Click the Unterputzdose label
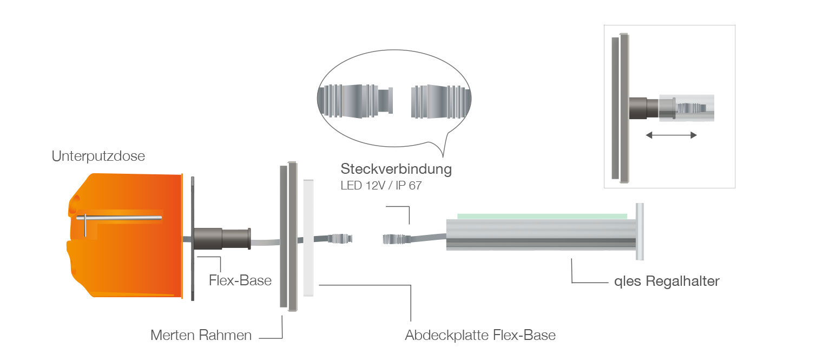[98, 156]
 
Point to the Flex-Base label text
[240, 281]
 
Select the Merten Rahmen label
[201, 335]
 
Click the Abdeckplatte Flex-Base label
[480, 335]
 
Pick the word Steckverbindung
[396, 169]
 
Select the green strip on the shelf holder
[542, 216]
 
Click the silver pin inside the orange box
[122, 218]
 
